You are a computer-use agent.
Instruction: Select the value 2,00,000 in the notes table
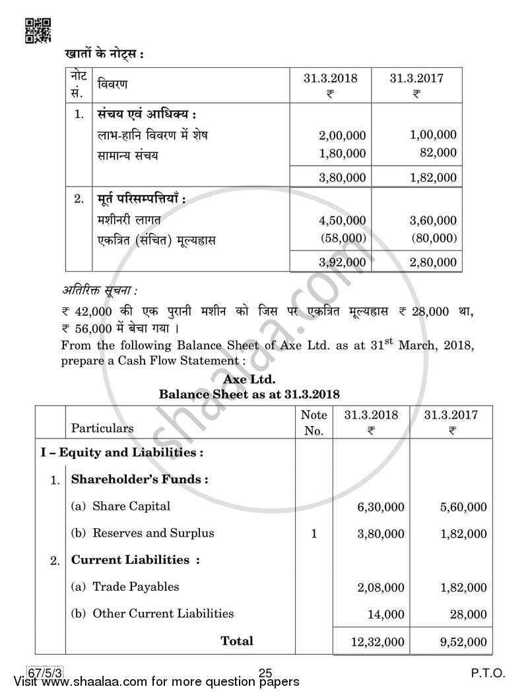coord(342,135)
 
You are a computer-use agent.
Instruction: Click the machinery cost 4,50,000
coord(342,220)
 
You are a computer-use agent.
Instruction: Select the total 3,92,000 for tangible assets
coord(342,262)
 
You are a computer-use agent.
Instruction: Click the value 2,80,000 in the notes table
coord(433,262)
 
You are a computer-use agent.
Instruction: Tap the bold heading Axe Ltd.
coord(249,380)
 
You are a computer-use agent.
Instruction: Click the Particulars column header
coord(102,428)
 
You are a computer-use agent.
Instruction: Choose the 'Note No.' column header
coord(313,423)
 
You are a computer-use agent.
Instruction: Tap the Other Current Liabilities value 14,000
coord(385,615)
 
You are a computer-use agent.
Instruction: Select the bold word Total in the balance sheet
coord(236,640)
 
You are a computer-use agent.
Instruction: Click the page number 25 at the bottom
coord(265,673)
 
